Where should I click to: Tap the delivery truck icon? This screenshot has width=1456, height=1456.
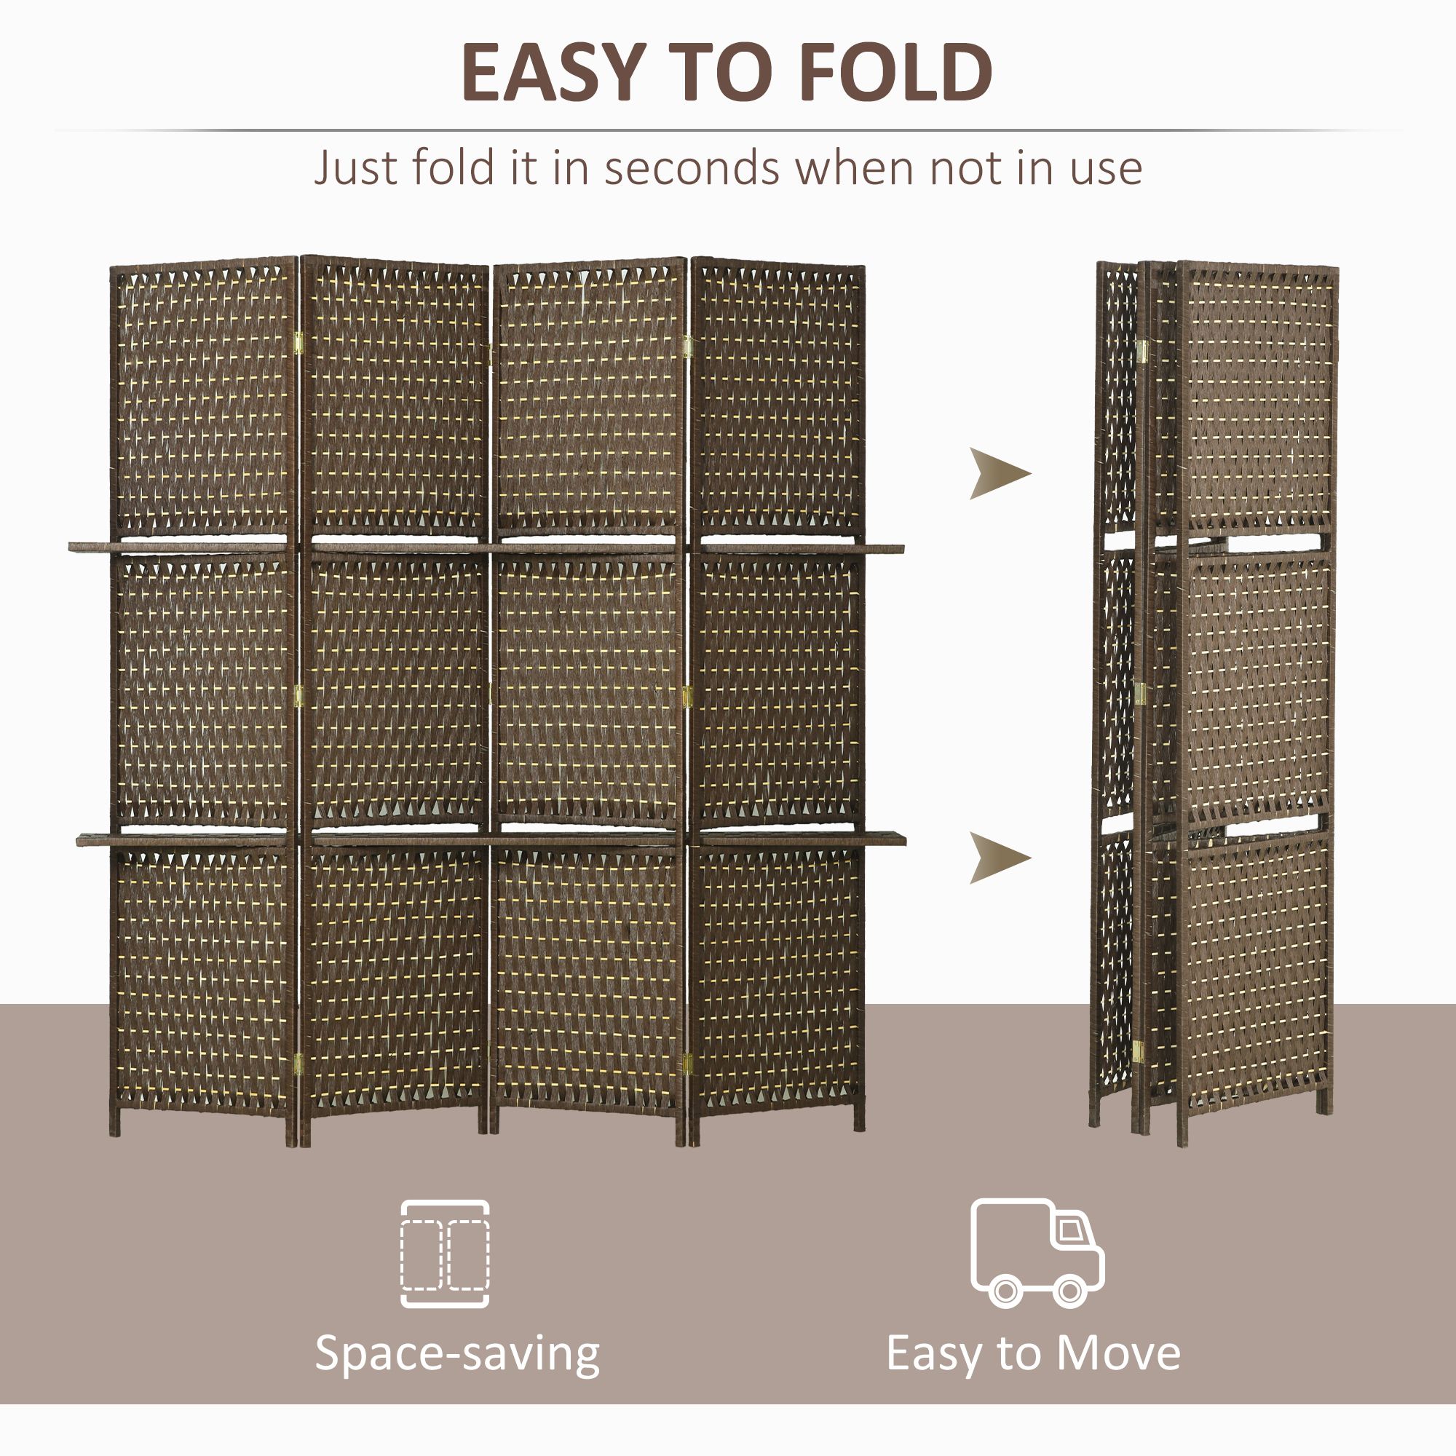1036,1252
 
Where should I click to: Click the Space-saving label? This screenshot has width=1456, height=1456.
456,1353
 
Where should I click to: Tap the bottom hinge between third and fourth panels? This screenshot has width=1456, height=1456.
687,1064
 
